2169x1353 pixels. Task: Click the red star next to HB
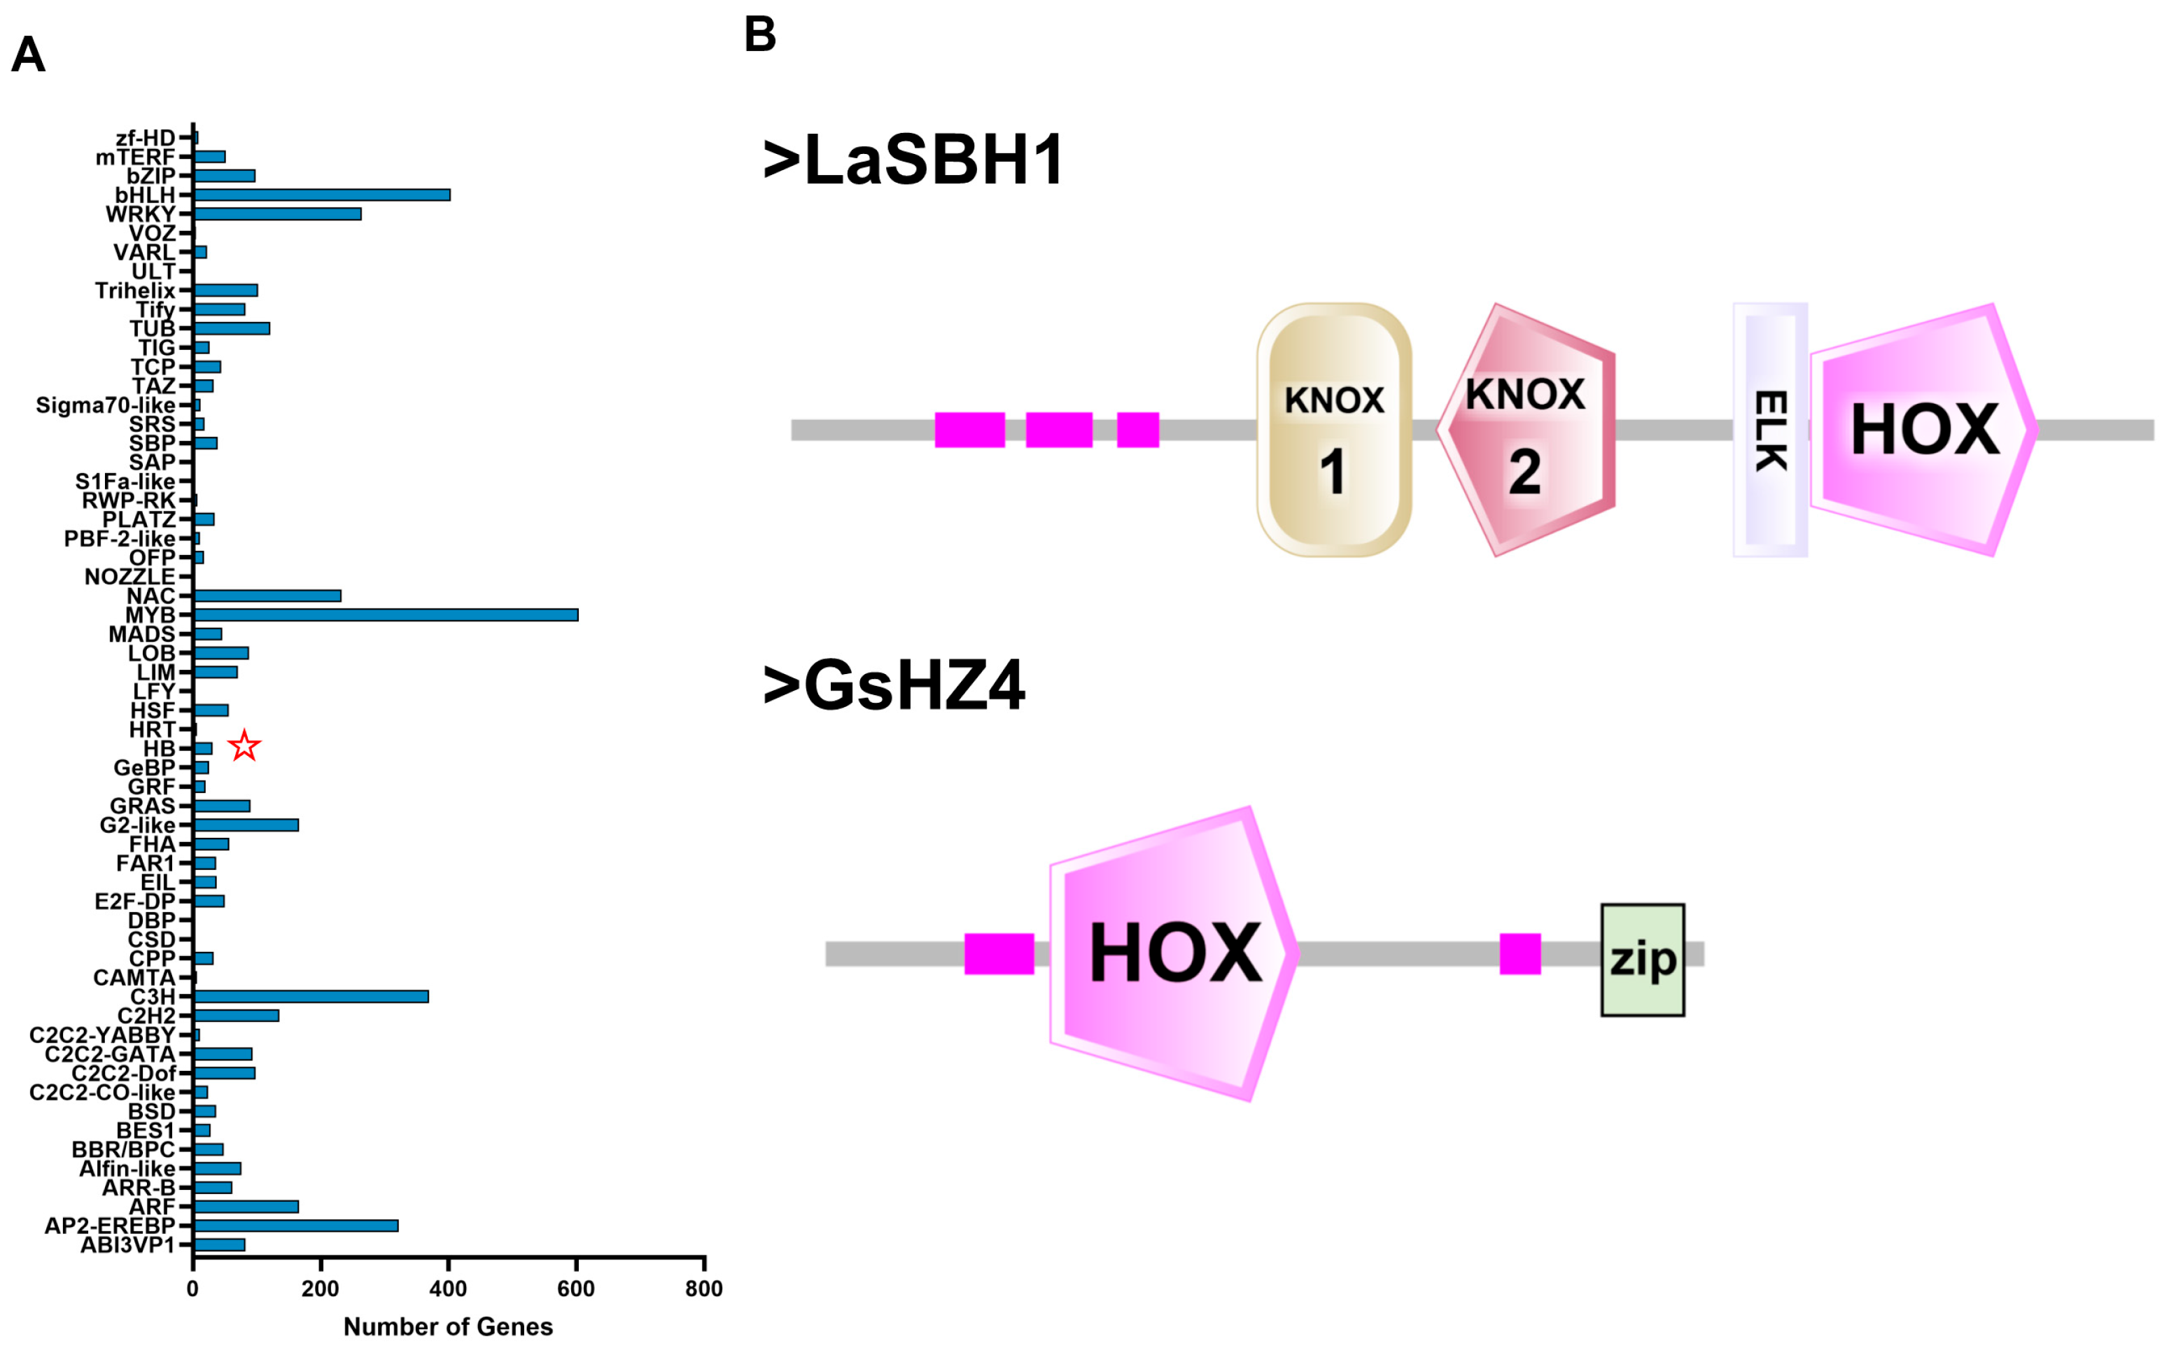(x=244, y=745)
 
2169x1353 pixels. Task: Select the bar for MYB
(x=386, y=615)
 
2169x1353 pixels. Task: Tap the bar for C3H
(x=311, y=997)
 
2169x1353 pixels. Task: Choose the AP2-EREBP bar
(x=295, y=1226)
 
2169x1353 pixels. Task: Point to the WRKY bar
(x=277, y=214)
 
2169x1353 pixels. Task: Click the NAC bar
(x=267, y=596)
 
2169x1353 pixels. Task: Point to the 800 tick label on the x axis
(x=704, y=1289)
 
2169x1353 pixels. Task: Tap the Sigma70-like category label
(x=105, y=405)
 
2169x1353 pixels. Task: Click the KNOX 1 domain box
(x=1334, y=430)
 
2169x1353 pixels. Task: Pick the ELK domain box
(x=1770, y=430)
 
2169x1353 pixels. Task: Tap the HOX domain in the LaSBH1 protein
(x=1924, y=430)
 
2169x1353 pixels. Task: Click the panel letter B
(x=759, y=34)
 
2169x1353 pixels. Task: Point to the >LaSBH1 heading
(x=913, y=161)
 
